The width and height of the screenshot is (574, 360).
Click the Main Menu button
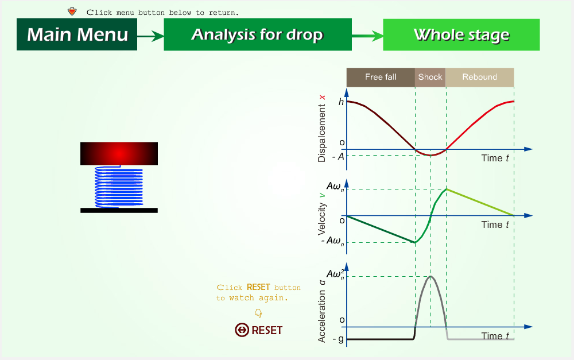77,34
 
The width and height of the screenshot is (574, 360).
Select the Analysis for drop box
258,34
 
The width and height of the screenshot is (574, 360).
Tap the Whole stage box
461,35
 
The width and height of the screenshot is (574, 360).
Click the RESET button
259,330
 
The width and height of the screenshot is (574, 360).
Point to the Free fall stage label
381,77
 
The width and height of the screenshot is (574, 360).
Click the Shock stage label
430,77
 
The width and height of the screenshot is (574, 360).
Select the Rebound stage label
479,77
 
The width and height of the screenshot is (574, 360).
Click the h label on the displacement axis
341,102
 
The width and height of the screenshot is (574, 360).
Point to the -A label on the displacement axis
339,157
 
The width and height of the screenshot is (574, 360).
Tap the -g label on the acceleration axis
338,339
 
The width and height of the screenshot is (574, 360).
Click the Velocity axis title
322,219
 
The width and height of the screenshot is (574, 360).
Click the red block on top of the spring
119,153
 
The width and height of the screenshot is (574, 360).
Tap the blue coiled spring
119,187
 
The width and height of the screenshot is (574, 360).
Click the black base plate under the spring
119,210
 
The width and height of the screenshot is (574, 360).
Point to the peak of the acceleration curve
431,276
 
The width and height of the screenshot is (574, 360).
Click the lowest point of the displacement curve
430,155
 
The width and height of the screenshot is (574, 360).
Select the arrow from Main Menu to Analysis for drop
150,36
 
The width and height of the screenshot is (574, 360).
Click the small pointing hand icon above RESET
258,313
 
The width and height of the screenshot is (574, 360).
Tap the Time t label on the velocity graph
495,224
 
